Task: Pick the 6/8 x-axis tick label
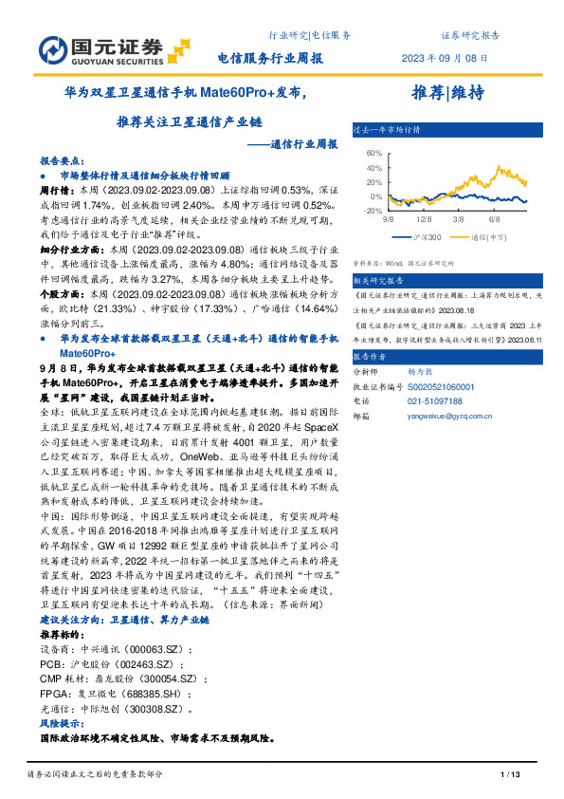pos(494,219)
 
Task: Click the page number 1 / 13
pos(510,777)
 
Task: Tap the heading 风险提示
pos(61,723)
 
